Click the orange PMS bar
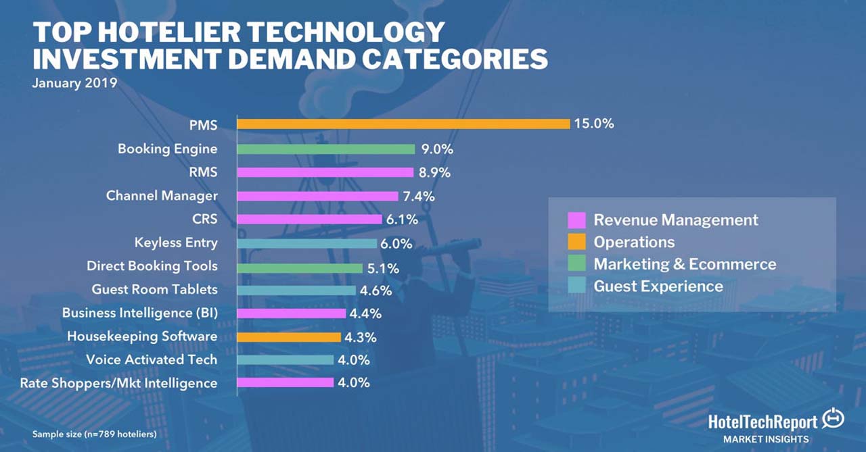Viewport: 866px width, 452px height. (403, 124)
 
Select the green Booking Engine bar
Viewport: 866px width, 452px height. (326, 149)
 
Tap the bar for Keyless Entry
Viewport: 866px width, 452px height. (307, 243)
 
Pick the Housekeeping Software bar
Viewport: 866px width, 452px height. (290, 336)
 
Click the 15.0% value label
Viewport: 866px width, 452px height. (595, 124)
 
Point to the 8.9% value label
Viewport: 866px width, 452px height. (434, 172)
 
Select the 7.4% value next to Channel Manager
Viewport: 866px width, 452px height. (419, 196)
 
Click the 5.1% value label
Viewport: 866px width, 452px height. (383, 268)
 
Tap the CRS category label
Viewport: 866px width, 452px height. (205, 219)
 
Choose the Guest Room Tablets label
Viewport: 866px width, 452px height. (155, 289)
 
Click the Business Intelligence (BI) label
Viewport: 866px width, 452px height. (140, 313)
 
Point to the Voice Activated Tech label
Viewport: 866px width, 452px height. (152, 359)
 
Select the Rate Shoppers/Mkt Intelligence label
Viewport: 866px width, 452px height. (119, 383)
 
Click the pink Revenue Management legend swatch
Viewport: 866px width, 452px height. (576, 220)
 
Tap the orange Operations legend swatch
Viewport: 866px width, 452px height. (576, 242)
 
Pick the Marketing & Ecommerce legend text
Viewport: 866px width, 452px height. (685, 264)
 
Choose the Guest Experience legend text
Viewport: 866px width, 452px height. (658, 286)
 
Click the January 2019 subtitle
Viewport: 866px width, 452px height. (74, 84)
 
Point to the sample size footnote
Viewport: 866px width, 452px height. (94, 433)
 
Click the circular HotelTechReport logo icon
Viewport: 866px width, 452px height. (832, 420)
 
